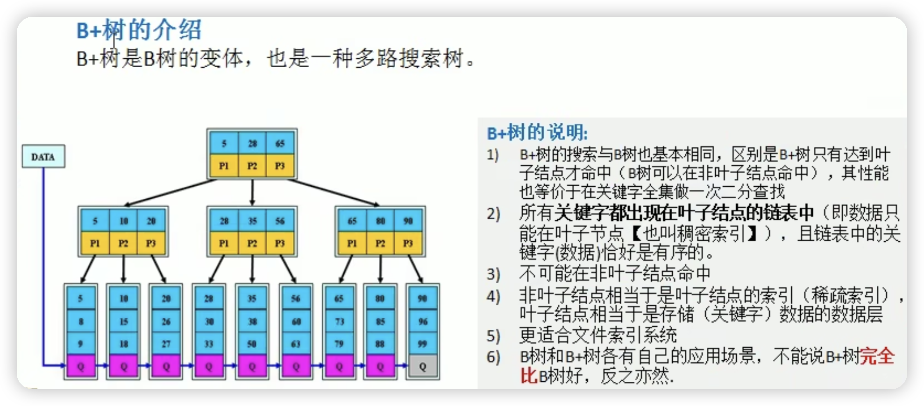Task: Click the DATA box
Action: (x=43, y=156)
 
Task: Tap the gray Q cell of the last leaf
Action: (x=422, y=366)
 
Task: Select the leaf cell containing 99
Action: (x=422, y=344)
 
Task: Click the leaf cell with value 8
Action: (x=81, y=322)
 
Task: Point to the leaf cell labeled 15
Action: (x=123, y=322)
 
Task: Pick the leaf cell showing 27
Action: (x=166, y=344)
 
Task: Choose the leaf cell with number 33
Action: (x=209, y=344)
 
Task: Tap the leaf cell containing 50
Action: (x=252, y=344)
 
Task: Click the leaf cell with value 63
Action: (x=295, y=344)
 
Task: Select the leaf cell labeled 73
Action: (x=339, y=322)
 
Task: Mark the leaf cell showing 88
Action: (x=380, y=344)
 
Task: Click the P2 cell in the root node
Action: (x=252, y=166)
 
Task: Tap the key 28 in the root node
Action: (x=252, y=143)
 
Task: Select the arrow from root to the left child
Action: (x=171, y=193)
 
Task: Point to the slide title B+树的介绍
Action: (x=139, y=30)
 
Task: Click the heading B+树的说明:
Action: (x=537, y=133)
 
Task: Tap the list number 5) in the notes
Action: (x=493, y=336)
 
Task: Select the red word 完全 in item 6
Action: (x=877, y=357)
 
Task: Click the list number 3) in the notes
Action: (x=493, y=274)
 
